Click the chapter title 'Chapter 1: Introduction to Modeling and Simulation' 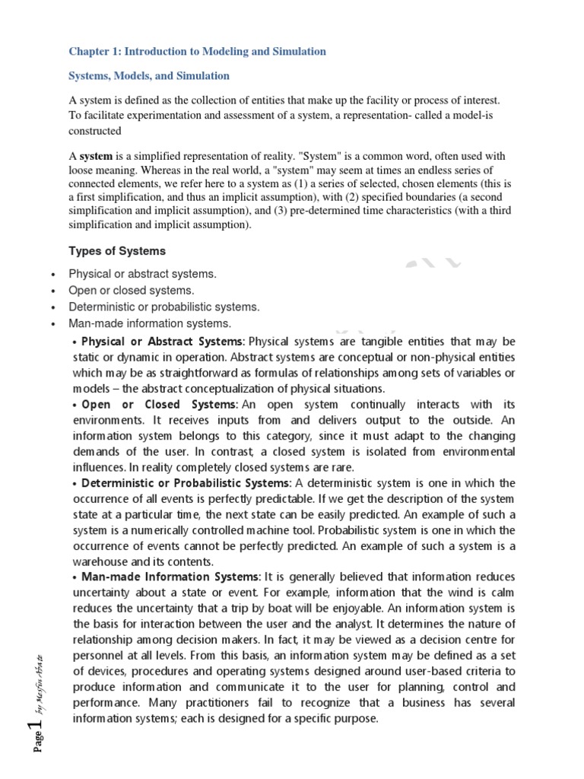pos(197,52)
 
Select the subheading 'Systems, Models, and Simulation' pos(149,76)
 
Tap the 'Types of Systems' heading pos(117,251)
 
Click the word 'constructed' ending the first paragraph pos(95,131)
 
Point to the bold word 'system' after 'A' pos(96,155)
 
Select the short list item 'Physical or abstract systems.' pos(142,274)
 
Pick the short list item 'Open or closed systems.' pos(132,291)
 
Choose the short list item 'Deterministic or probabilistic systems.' pos(164,307)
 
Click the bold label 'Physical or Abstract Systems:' pos(163,341)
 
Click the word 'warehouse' pos(99,562)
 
